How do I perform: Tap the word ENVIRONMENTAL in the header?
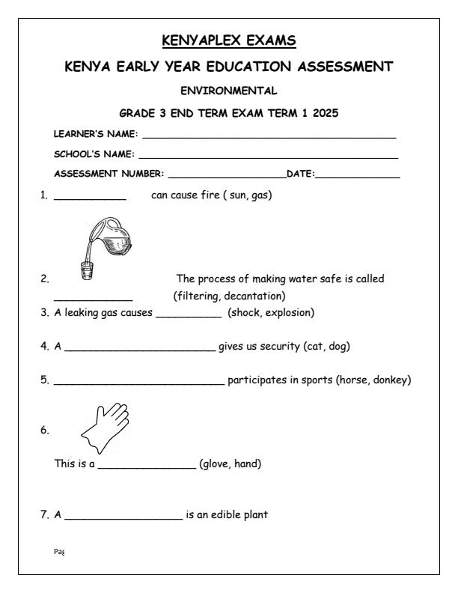click(x=230, y=91)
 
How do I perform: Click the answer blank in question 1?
click(x=90, y=200)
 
